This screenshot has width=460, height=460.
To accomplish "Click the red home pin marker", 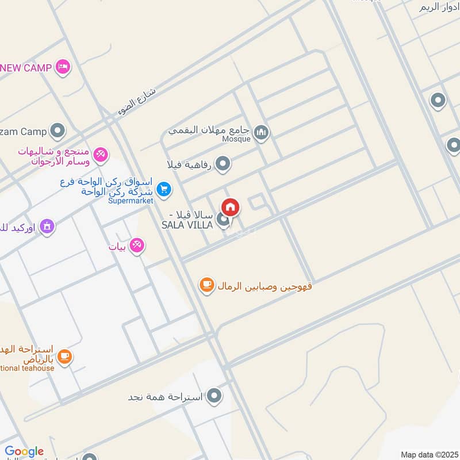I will coord(231,207).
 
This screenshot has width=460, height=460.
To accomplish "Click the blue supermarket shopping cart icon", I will coord(164,187).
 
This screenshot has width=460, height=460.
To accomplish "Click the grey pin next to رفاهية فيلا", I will coord(223,164).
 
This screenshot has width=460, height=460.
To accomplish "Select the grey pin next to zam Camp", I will coord(57,132).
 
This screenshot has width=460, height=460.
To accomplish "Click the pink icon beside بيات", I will coord(136,246).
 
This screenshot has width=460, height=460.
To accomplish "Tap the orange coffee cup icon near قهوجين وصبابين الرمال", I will coord(206,284).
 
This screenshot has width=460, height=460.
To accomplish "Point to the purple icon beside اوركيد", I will coord(47,227).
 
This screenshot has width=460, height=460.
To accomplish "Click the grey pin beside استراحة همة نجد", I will coord(214,396).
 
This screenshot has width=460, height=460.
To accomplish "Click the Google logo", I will coord(24,451).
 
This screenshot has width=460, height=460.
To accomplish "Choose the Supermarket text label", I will coord(131,201).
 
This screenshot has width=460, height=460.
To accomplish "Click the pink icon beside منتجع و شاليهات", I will coord(101,154).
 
